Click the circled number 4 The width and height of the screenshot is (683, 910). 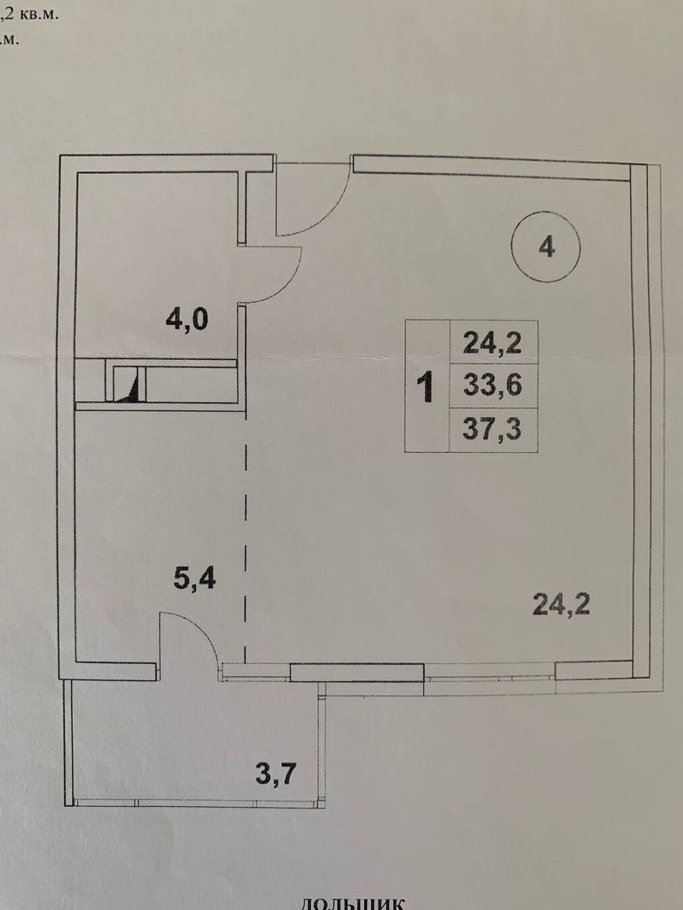tap(546, 247)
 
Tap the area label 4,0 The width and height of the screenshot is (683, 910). tap(187, 319)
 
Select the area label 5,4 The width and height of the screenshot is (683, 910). tap(194, 578)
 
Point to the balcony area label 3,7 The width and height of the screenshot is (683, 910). tap(276, 772)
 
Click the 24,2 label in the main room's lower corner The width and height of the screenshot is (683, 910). tap(561, 604)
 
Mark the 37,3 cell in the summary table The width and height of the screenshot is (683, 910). tap(493, 429)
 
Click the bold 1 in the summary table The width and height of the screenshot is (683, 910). tap(425, 388)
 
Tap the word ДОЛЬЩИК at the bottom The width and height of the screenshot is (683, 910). tap(351, 903)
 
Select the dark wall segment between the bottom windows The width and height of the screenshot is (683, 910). tap(357, 671)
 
